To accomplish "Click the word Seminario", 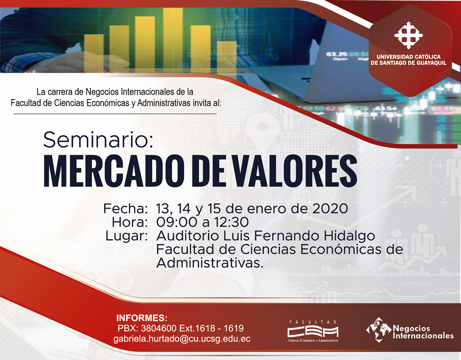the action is [x=98, y=140].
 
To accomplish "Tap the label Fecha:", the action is [x=125, y=209].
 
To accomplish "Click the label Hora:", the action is [x=129, y=222].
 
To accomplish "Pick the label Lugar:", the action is [x=126, y=236].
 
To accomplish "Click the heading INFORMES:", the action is [x=142, y=318].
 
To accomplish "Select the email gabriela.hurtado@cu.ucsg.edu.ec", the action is [x=182, y=339].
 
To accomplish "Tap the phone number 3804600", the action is [x=158, y=328].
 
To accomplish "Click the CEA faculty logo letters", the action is [x=313, y=332].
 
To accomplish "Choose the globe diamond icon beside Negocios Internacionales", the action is [x=379, y=330].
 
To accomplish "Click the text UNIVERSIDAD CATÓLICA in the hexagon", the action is [x=408, y=57].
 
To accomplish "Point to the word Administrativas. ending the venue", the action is [x=209, y=263].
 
